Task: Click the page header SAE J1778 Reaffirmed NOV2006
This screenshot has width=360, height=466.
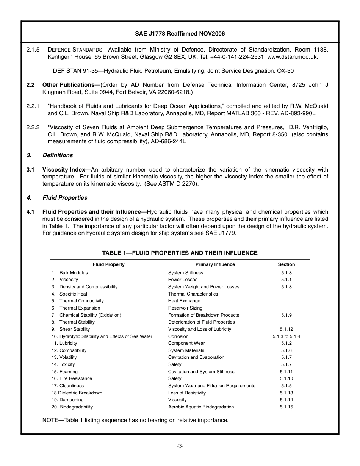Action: [x=180, y=34]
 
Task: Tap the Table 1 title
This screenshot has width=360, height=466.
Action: [x=180, y=253]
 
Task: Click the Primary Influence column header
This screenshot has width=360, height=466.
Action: [x=215, y=264]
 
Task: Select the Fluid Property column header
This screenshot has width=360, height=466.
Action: [x=108, y=264]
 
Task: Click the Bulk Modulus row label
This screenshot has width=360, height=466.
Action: [x=74, y=273]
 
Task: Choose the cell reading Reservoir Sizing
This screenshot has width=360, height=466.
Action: [x=185, y=308]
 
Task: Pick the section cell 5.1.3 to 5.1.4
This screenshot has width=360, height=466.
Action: [x=286, y=336]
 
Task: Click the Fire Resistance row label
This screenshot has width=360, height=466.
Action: [x=75, y=378]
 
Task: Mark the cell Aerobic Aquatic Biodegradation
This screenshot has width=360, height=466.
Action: [x=201, y=407]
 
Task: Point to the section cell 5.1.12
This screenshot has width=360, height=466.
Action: [x=286, y=329]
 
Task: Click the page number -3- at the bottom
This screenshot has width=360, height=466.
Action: [x=180, y=446]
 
